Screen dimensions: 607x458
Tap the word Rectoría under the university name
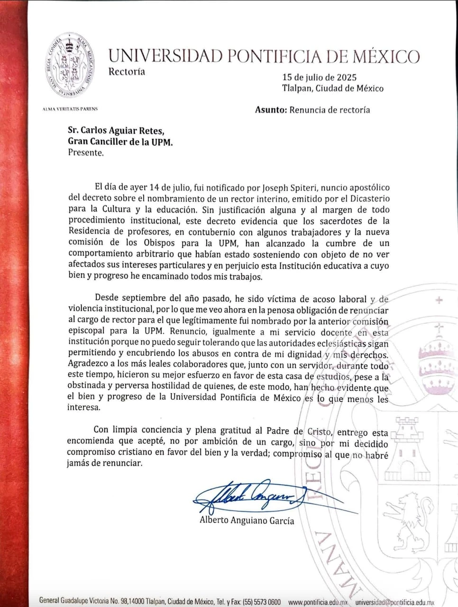(127, 72)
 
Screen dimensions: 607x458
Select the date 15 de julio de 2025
(319, 77)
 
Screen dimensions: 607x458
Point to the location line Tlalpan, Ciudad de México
(332, 88)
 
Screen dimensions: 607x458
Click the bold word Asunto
(271, 110)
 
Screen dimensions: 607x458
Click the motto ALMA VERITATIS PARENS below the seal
(70, 109)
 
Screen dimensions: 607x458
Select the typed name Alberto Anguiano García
(247, 520)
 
